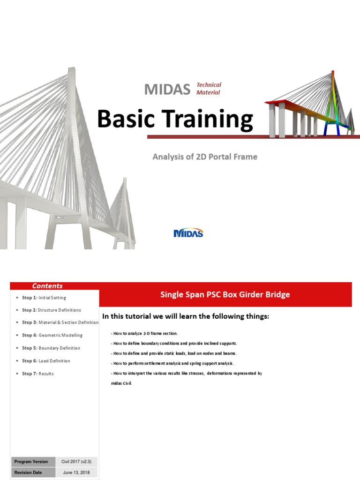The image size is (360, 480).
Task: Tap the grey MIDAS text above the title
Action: coord(167,89)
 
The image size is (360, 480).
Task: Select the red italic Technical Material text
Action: coord(209,89)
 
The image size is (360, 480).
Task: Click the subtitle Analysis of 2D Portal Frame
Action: coord(205,157)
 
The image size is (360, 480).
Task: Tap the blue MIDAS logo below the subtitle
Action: coord(188,233)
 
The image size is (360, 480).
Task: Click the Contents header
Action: coord(47,286)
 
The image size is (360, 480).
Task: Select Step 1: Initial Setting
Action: coord(44,298)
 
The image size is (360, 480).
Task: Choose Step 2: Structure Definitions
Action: coord(51,310)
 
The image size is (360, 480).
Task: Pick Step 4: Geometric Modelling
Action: coord(52,336)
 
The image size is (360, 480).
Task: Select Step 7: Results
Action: coord(38,374)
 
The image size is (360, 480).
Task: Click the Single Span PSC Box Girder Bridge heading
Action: coord(225,295)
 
